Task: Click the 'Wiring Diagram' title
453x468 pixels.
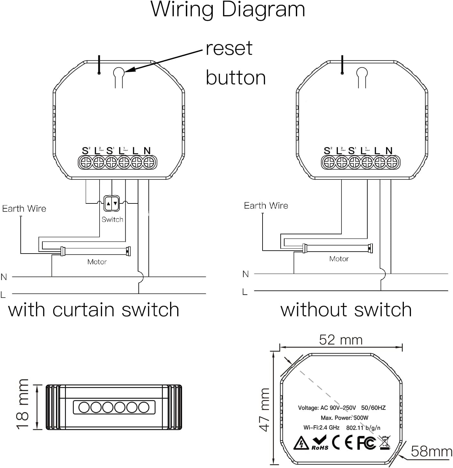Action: coord(228,10)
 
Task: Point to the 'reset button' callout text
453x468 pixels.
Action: coord(235,63)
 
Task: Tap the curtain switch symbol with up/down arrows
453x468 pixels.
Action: coord(112,203)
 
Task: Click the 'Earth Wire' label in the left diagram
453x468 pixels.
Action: coord(24,209)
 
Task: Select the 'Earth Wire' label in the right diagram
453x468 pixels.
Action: coord(266,206)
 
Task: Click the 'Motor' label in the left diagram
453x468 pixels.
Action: coord(97,262)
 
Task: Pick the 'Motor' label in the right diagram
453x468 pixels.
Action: coord(339,259)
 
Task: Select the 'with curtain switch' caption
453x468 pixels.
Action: coord(94,310)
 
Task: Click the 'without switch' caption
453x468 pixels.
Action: coord(346,310)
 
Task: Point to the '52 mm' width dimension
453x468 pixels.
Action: coord(341,340)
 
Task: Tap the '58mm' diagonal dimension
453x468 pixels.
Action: coord(431,452)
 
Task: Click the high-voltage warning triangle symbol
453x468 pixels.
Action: coord(301,443)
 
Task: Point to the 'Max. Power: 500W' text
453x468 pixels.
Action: coord(344,418)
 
